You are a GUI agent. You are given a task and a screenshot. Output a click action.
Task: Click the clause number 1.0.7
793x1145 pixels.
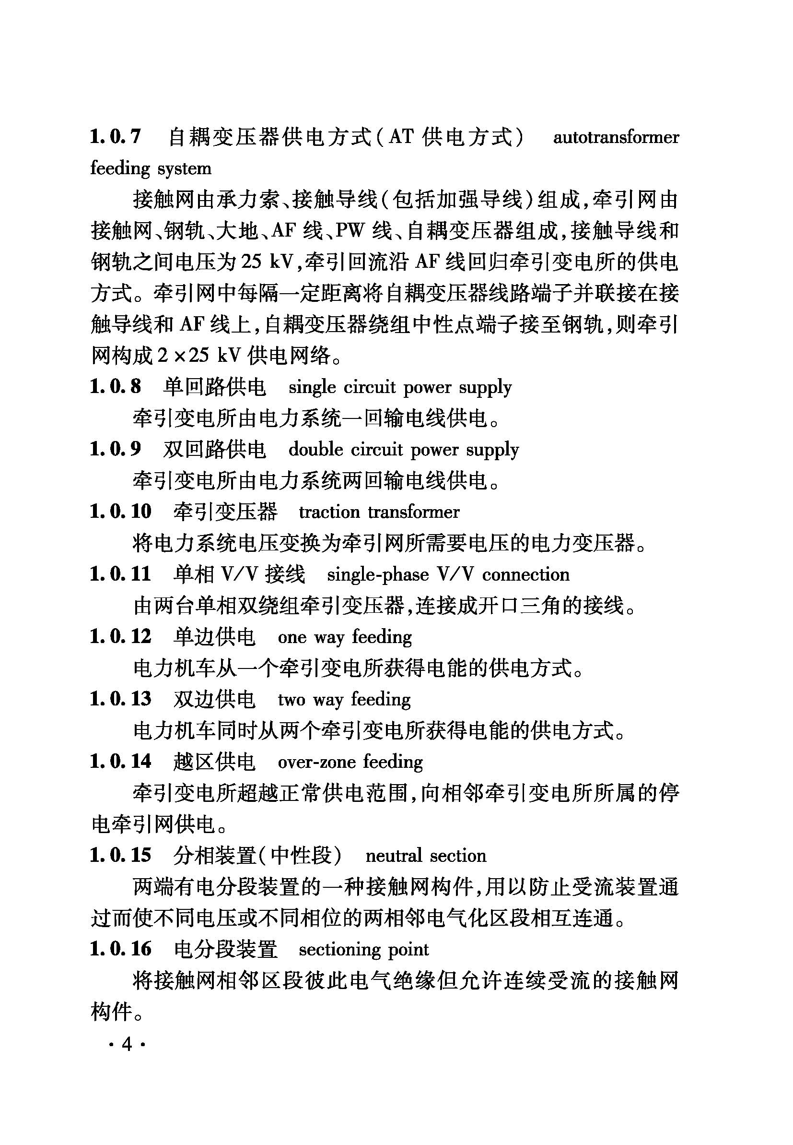click(115, 137)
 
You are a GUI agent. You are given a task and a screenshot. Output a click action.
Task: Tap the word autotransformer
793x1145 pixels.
click(616, 137)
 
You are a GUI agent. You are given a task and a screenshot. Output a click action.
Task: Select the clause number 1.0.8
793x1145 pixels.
click(115, 387)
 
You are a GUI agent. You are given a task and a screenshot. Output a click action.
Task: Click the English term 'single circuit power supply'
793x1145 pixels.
click(399, 388)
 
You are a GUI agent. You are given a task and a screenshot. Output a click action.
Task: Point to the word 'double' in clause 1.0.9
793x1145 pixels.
click(315, 450)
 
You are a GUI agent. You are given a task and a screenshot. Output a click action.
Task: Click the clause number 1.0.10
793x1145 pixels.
click(120, 512)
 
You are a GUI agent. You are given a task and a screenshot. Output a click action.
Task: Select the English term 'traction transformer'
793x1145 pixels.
click(379, 512)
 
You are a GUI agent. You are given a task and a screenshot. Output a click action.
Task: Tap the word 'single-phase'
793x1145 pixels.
click(378, 575)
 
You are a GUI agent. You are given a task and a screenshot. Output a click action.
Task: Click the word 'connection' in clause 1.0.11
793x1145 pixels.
click(525, 575)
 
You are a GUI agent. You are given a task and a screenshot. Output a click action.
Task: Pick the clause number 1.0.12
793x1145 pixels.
click(120, 637)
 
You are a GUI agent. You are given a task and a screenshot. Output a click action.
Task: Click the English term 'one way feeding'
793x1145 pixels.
click(344, 637)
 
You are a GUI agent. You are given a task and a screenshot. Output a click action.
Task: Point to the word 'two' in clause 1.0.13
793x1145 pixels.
click(291, 700)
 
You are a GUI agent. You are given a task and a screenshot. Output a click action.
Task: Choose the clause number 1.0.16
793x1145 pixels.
click(120, 949)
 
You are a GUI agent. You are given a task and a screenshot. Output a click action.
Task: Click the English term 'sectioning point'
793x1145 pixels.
click(363, 950)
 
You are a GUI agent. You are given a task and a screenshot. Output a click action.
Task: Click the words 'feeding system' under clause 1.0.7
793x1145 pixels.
click(151, 168)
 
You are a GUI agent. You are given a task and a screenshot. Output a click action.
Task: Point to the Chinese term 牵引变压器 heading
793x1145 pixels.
click(225, 512)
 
